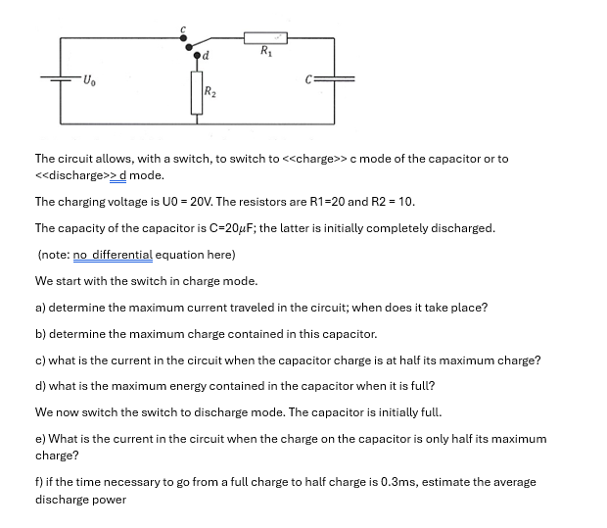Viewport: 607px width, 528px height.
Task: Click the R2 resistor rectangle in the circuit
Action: pos(195,94)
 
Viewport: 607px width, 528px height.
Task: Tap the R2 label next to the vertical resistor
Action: pos(210,93)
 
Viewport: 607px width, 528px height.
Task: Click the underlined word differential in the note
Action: pos(122,255)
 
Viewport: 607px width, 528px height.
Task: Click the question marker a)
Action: pos(41,308)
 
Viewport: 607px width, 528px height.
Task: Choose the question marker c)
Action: pos(41,360)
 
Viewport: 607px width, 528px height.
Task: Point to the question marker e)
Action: pos(41,440)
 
